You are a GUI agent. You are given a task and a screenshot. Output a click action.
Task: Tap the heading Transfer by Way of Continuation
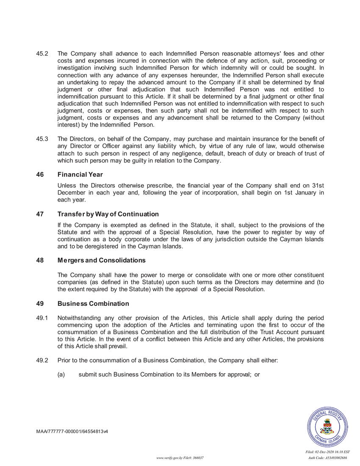point(108,214)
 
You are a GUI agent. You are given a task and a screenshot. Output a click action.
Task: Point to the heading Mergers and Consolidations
point(101,260)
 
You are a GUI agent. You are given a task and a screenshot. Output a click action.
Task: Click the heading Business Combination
point(93,304)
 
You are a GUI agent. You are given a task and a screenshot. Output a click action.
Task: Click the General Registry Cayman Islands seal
point(328,427)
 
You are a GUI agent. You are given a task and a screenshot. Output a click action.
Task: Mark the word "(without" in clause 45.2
point(311,118)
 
